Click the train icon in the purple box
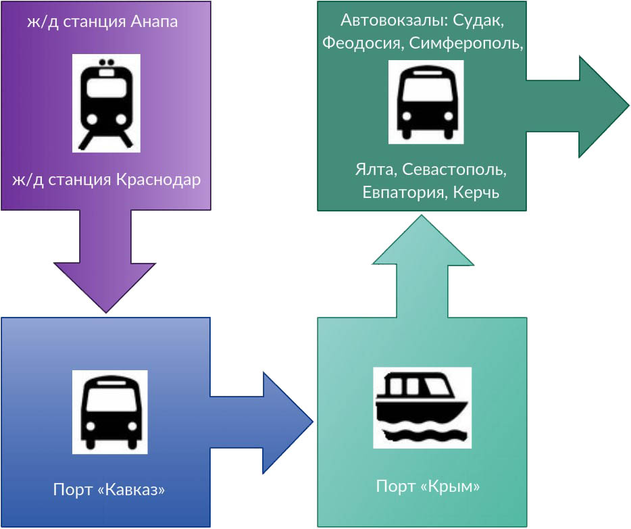tap(106, 103)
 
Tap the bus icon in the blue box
tap(109, 411)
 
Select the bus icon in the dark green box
tap(426, 101)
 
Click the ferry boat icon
tap(422, 407)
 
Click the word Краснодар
tap(159, 180)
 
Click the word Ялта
tap(374, 169)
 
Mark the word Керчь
tap(476, 193)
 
